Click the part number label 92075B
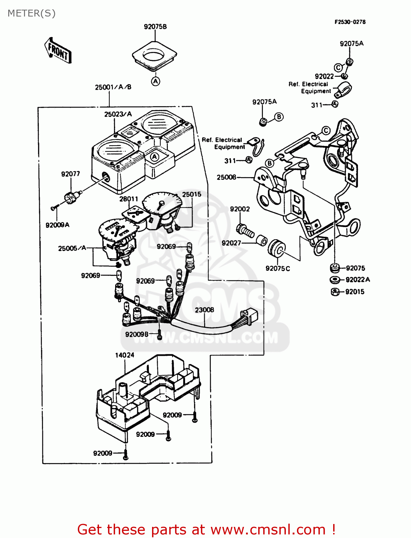(x=155, y=27)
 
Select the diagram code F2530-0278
(x=350, y=22)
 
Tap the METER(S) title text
(x=32, y=13)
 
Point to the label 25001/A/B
(x=113, y=87)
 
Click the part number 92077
(x=70, y=174)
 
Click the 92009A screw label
(x=57, y=225)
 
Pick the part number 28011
(x=128, y=199)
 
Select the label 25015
(x=192, y=194)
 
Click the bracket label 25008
(x=226, y=177)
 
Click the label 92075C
(x=278, y=269)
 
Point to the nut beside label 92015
(x=334, y=292)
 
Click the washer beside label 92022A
(x=335, y=280)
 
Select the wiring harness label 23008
(x=204, y=310)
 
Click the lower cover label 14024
(x=124, y=355)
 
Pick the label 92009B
(x=137, y=334)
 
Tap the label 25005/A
(x=72, y=248)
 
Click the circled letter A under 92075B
(x=155, y=81)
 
